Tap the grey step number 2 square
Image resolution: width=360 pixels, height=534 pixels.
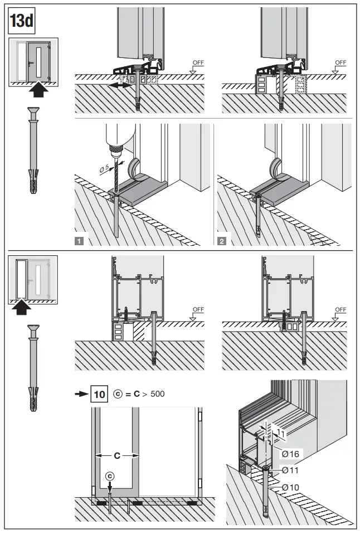pos(222,241)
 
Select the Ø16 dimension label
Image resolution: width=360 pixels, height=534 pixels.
pos(289,454)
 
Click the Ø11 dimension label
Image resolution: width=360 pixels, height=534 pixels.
pos(289,470)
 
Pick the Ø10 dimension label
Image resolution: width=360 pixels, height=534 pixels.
pos(289,487)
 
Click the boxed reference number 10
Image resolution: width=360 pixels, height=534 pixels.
pos(100,395)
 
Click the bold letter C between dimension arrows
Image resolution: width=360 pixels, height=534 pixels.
pos(117,455)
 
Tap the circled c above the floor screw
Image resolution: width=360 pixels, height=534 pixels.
pos(110,475)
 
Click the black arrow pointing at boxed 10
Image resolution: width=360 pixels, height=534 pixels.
pos(82,395)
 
